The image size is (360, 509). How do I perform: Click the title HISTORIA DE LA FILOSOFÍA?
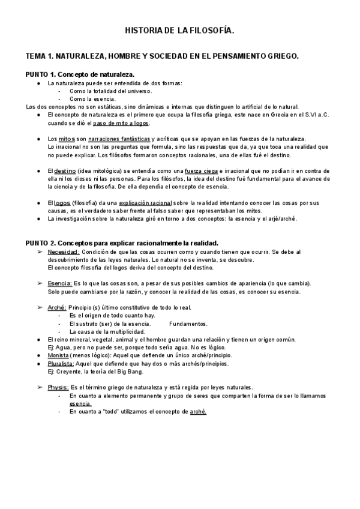[179, 29]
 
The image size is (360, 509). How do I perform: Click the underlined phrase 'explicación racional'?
[145, 203]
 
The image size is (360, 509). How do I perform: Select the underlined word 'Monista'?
[59, 355]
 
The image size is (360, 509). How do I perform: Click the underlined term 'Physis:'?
[59, 387]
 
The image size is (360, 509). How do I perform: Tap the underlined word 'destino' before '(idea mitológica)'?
[65, 171]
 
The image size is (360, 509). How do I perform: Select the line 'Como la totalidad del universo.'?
[110, 91]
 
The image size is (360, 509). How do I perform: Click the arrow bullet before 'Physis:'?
[40, 387]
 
